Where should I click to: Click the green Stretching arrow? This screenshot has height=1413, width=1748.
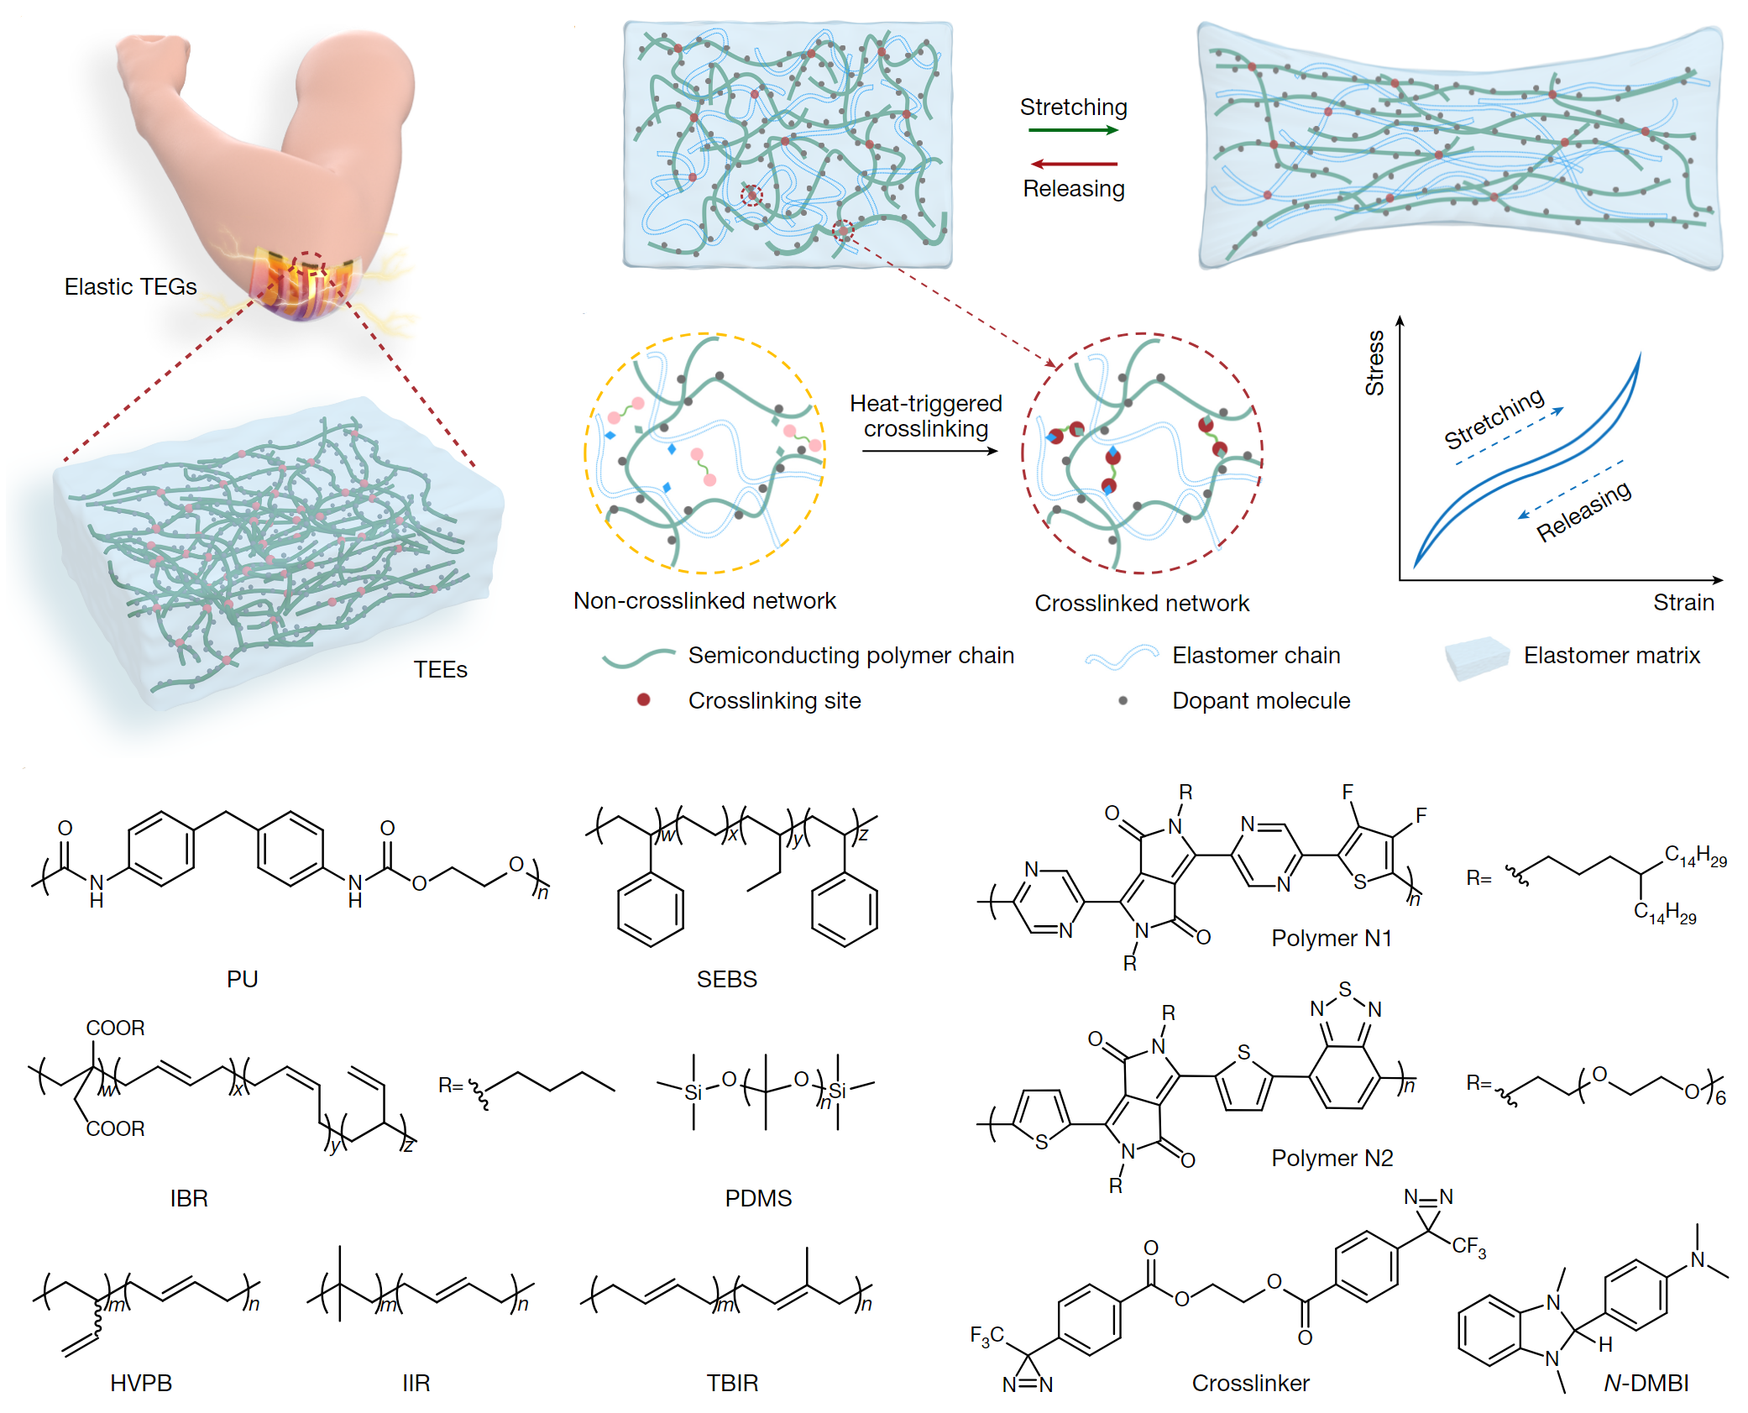point(1073,130)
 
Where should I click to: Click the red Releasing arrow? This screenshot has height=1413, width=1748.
point(1073,164)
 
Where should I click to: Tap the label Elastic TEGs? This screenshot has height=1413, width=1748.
point(130,287)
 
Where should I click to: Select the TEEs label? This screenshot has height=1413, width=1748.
point(440,670)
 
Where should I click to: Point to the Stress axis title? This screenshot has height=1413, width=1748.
point(1374,363)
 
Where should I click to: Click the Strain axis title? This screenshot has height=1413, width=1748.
point(1683,603)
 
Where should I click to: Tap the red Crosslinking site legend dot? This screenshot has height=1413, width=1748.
point(643,699)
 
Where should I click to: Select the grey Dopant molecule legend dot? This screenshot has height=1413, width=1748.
point(1123,700)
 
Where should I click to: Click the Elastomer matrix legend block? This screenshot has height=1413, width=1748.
point(1476,657)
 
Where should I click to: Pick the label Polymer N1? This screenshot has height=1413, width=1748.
point(1332,938)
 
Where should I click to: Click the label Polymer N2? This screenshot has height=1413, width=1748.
point(1332,1159)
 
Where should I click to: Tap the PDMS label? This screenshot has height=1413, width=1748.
point(758,1198)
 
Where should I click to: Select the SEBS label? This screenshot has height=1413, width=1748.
point(727,979)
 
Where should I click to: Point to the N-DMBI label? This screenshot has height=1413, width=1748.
point(1646,1383)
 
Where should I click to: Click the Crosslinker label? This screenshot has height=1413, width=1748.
point(1250,1383)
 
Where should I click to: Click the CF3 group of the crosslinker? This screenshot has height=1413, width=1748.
point(1468,1246)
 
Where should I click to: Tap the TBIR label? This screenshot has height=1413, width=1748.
point(732,1383)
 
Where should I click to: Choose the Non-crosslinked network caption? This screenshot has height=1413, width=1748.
point(704,601)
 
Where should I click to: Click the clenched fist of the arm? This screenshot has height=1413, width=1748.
point(151,63)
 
